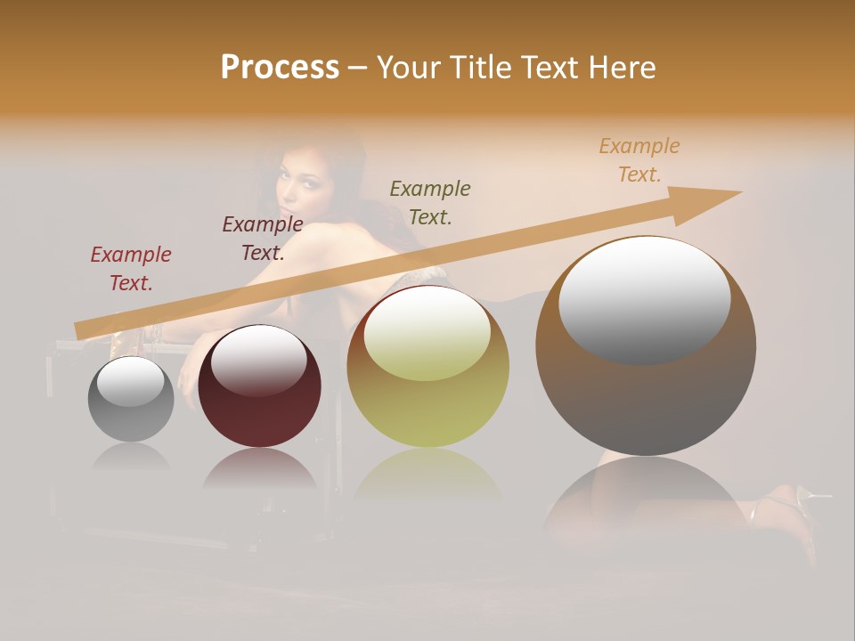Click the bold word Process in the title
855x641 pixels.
[280, 68]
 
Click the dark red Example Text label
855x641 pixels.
[131, 269]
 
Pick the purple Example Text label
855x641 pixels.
[263, 239]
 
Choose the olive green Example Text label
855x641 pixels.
[430, 202]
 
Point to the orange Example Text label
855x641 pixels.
[639, 160]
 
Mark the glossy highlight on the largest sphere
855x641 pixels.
[644, 299]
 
